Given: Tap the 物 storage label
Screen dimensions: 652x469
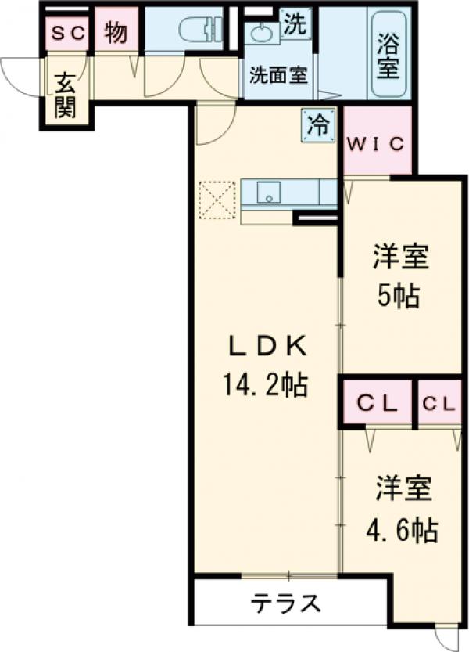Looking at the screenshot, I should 116,33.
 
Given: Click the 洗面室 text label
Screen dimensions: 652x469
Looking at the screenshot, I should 277,76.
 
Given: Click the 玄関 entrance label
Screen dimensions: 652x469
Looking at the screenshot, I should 66,95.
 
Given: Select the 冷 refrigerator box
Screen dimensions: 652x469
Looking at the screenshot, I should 317,125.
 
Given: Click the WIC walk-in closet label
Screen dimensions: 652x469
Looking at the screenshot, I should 376,144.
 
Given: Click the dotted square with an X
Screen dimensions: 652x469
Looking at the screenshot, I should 217,200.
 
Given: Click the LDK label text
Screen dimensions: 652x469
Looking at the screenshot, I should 264,345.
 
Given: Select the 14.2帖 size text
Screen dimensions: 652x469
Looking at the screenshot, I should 264,384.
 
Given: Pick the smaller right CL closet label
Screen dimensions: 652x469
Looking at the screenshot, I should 439,404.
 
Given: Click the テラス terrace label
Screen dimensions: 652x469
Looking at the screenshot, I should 286,603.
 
